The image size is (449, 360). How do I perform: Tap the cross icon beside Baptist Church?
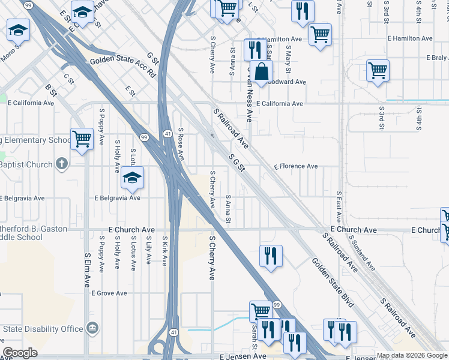pos(61,163)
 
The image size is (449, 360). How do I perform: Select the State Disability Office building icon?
pos(92,328)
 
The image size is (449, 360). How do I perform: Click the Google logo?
pos(20,353)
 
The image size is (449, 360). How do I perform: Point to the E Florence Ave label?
pos(295,166)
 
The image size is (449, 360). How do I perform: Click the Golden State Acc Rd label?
pos(123,67)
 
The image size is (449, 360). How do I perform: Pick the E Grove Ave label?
pos(109,293)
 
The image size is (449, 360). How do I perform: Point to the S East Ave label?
pos(339,207)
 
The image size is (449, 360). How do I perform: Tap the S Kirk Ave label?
pos(164,251)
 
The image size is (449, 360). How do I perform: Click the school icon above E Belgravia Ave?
pos(132,177)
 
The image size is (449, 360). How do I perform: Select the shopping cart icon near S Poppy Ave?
pos(82,139)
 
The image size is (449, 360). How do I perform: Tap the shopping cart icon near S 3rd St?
pos(378,70)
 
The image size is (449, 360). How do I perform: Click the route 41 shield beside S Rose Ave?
pos(167,133)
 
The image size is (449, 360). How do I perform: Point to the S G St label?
pos(237,161)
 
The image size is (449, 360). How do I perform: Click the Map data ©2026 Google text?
pos(412,355)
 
